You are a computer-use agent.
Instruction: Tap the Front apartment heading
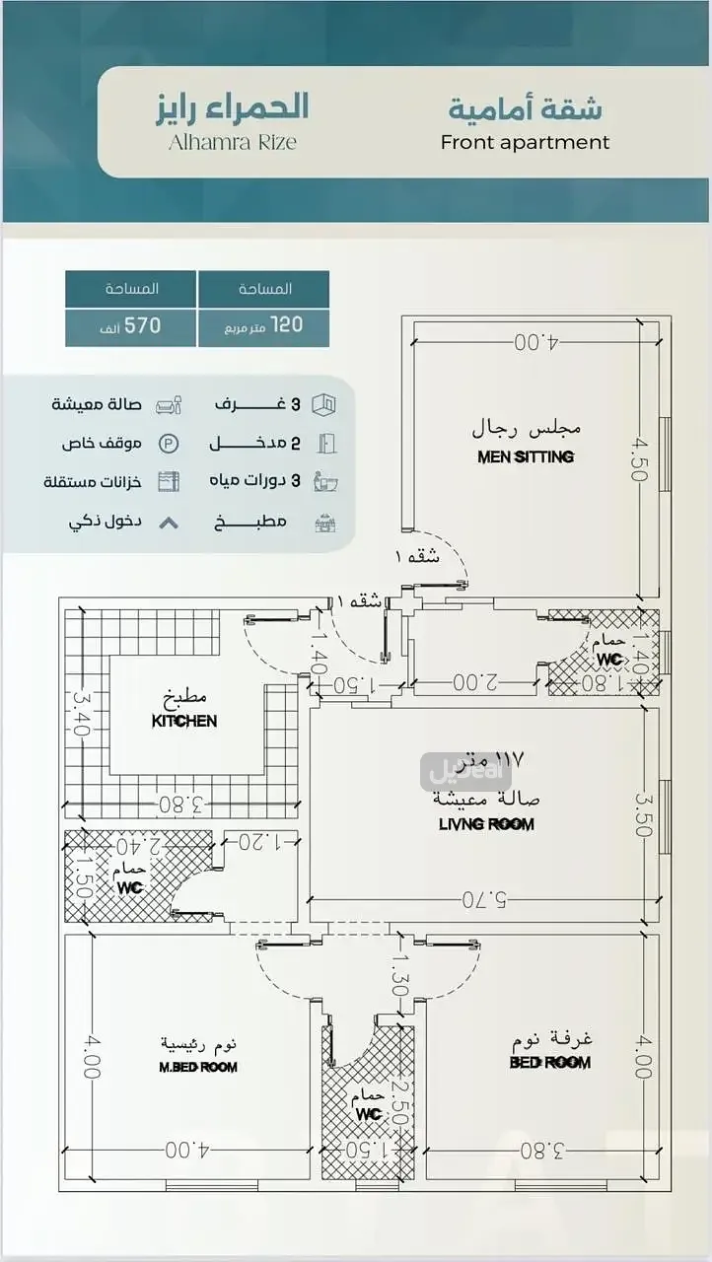click(525, 142)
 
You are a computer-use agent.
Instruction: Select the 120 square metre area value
click(264, 324)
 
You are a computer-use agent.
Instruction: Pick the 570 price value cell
click(132, 324)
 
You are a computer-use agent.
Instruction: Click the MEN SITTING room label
click(526, 456)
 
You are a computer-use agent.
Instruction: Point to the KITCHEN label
click(184, 721)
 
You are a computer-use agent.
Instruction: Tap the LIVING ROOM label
click(486, 823)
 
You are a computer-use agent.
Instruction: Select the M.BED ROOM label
click(198, 1067)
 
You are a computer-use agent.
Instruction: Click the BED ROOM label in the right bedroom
click(550, 1062)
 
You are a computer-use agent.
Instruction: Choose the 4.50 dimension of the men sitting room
click(640, 460)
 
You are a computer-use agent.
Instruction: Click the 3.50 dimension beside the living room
click(644, 814)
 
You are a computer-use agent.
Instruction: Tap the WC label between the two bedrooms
click(369, 1114)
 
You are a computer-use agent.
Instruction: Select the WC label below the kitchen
click(130, 886)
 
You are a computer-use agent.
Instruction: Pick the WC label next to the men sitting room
click(608, 658)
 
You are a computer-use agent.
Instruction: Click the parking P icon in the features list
click(170, 444)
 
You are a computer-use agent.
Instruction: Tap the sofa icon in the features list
click(170, 405)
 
